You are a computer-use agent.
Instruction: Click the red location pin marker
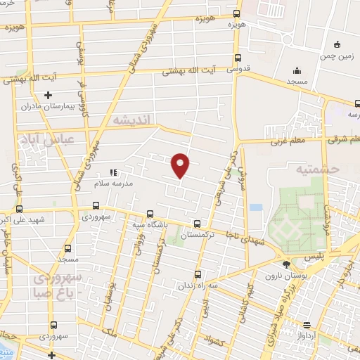[x=181, y=165]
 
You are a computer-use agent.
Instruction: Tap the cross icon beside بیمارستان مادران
[x=48, y=95]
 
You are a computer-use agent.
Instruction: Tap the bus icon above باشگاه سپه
[x=149, y=214]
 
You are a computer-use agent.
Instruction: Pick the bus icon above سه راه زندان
[x=197, y=275]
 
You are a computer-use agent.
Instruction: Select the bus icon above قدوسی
[x=238, y=58]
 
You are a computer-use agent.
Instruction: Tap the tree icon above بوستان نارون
[x=285, y=265]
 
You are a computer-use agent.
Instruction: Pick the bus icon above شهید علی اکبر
[x=19, y=209]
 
